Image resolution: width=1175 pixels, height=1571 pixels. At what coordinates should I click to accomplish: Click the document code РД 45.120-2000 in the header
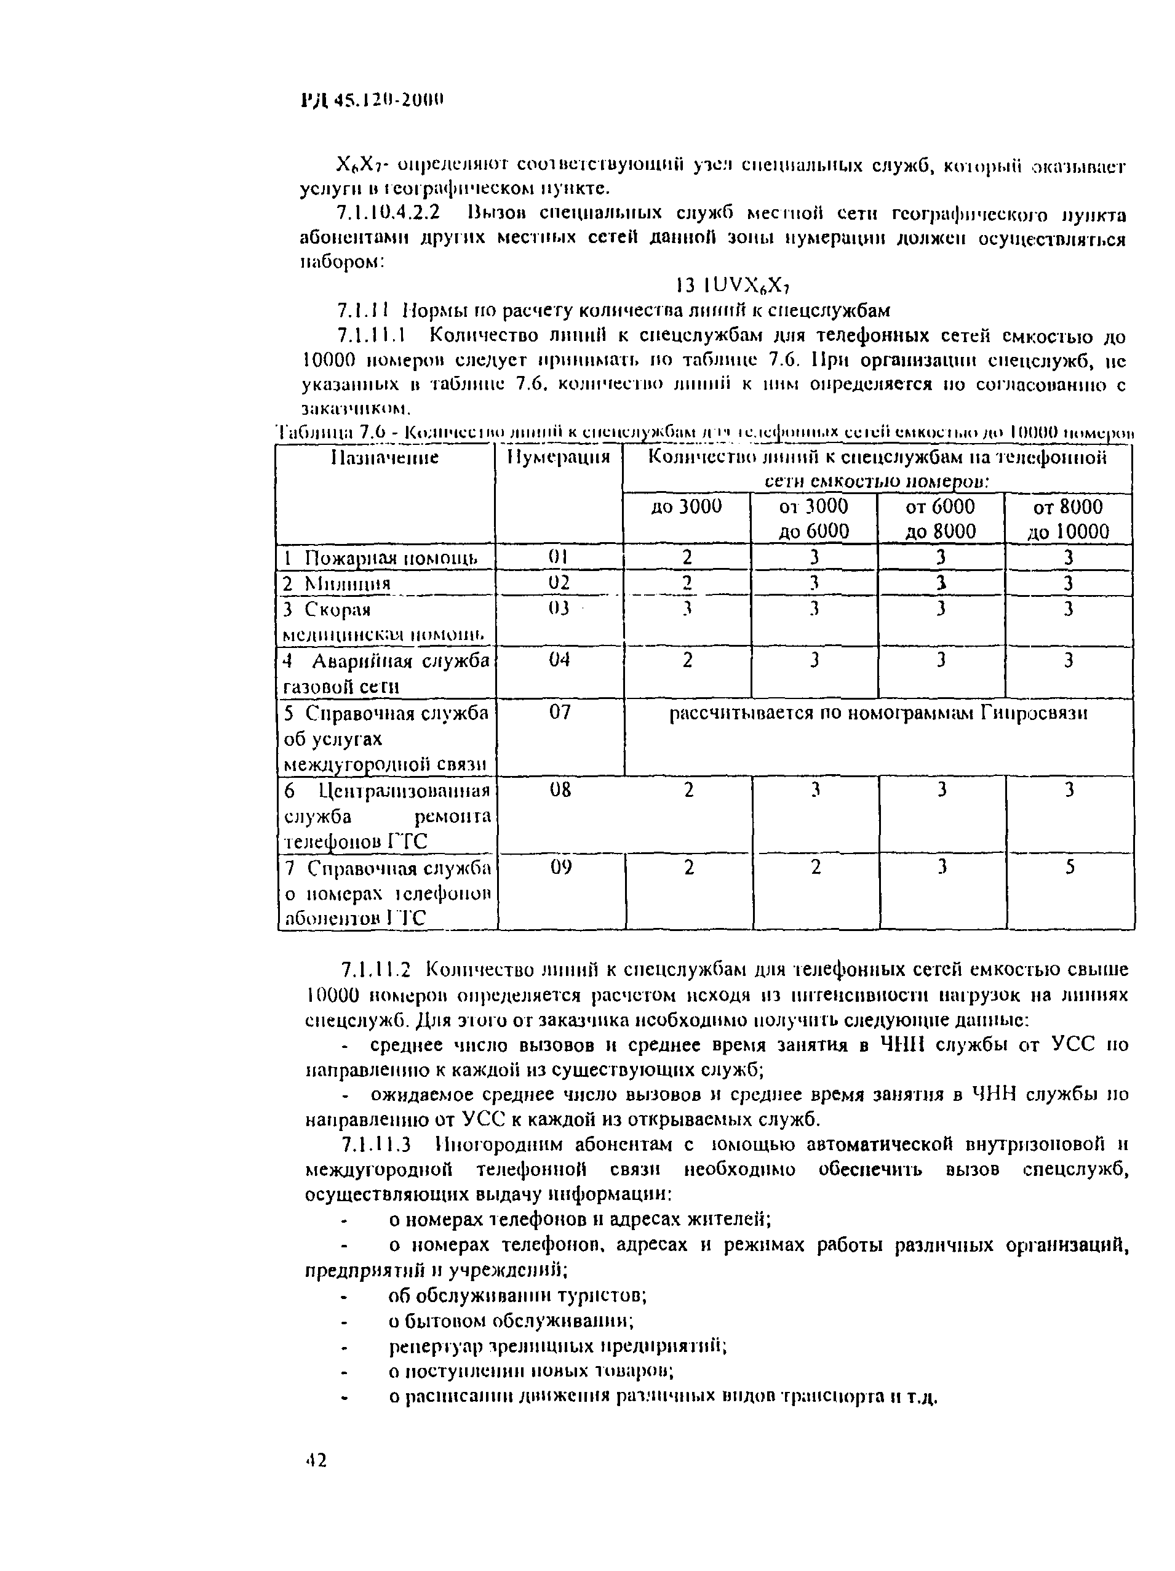point(372,100)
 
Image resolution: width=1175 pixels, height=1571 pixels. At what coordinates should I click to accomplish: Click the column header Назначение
point(385,457)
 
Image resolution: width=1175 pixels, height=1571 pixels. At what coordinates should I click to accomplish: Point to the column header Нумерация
point(558,457)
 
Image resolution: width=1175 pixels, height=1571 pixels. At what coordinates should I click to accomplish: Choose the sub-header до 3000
point(686,506)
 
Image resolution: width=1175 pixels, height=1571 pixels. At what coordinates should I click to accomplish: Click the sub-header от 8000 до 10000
point(1068,519)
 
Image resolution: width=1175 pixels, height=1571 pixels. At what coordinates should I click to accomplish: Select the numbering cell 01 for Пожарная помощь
point(558,558)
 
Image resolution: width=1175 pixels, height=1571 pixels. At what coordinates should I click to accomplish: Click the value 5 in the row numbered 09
point(1069,867)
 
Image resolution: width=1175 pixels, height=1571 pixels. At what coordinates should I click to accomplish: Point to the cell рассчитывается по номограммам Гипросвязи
point(878,713)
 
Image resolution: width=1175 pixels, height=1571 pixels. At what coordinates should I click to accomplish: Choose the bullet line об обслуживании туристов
point(517,1295)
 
